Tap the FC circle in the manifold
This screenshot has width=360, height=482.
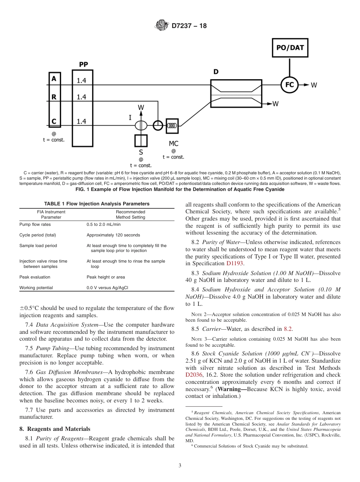click(x=289, y=85)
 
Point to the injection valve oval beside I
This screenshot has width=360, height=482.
click(x=141, y=125)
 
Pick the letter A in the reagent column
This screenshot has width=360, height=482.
click(x=54, y=78)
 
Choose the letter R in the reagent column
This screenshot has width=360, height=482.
click(x=54, y=97)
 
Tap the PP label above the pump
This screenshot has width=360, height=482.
click(x=83, y=64)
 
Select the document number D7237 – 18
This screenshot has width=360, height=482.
click(x=189, y=26)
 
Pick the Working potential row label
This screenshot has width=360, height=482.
click(x=36, y=288)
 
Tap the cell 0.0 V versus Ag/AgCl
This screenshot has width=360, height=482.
click(x=107, y=288)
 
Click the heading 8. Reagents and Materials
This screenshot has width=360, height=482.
click(x=55, y=429)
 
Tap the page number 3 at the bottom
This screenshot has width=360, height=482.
click(x=180, y=466)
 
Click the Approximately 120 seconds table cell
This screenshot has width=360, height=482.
click(x=113, y=235)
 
